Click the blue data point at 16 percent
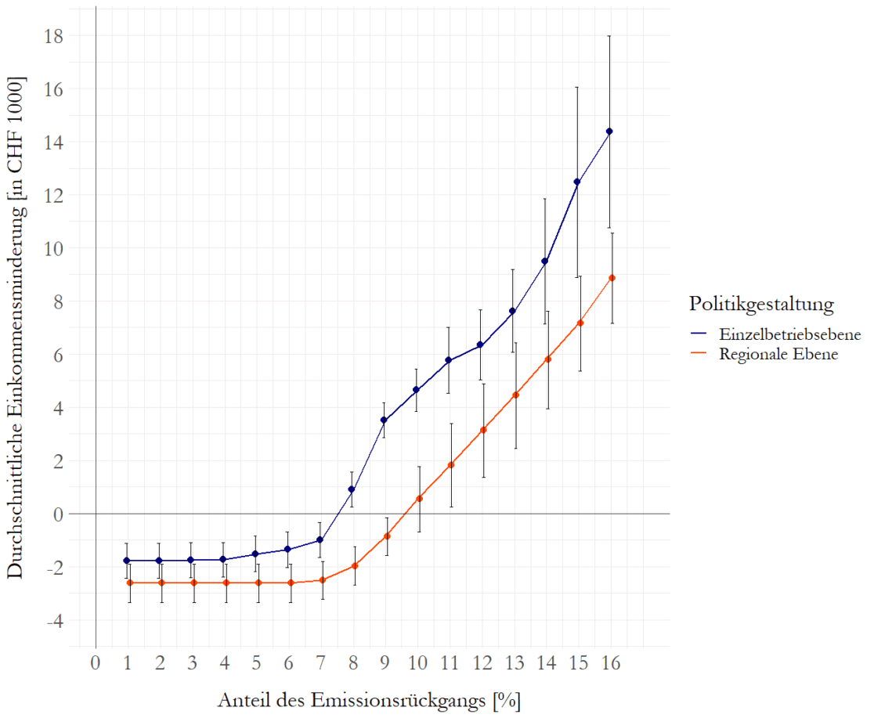pos(610,132)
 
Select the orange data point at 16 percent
pos(612,278)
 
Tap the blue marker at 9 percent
pos(384,420)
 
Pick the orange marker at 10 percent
pos(419,498)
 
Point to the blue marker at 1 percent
pos(127,561)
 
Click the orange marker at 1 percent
pos(129,583)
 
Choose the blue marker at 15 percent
pos(577,182)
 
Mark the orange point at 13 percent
pos(515,395)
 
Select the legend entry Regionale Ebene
pos(779,355)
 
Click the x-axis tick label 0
pos(95,664)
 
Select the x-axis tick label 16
pos(611,664)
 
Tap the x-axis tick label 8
pos(354,664)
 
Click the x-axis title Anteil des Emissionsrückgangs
pos(368,699)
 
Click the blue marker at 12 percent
pos(481,345)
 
